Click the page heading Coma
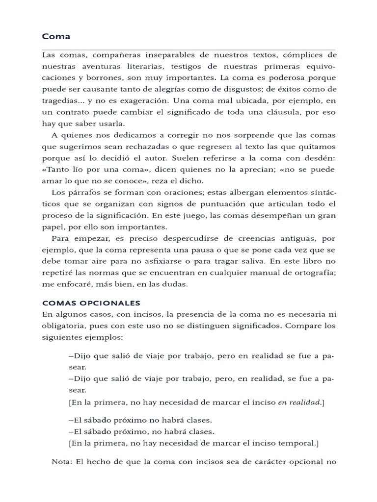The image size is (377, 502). point(56,36)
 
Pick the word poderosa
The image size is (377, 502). point(281,77)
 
